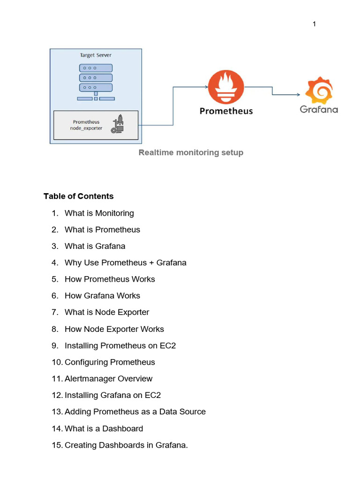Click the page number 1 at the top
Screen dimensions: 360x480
click(314, 24)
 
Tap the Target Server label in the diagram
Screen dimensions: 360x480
click(96, 55)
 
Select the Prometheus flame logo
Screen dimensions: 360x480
click(226, 87)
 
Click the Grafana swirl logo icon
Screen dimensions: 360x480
click(319, 90)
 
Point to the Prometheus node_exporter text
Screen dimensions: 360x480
click(86, 125)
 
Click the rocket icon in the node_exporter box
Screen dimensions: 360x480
click(118, 124)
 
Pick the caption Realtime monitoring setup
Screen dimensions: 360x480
click(191, 152)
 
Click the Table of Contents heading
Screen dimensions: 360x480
click(78, 196)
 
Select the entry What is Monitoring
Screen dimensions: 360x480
click(99, 213)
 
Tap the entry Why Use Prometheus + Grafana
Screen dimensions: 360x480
click(126, 262)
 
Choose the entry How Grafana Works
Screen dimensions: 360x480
click(102, 296)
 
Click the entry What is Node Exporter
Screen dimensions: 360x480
click(107, 312)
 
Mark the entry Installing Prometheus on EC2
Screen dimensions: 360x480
click(120, 345)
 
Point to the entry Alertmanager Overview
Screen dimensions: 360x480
click(108, 379)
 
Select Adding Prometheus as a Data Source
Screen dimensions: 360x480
click(135, 412)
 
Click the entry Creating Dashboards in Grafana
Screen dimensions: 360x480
click(126, 445)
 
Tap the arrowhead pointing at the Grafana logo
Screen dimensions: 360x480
click(299, 95)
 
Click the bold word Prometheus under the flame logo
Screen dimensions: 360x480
click(226, 111)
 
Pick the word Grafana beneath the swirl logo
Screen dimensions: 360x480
click(319, 109)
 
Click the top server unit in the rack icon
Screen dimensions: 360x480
click(96, 68)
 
